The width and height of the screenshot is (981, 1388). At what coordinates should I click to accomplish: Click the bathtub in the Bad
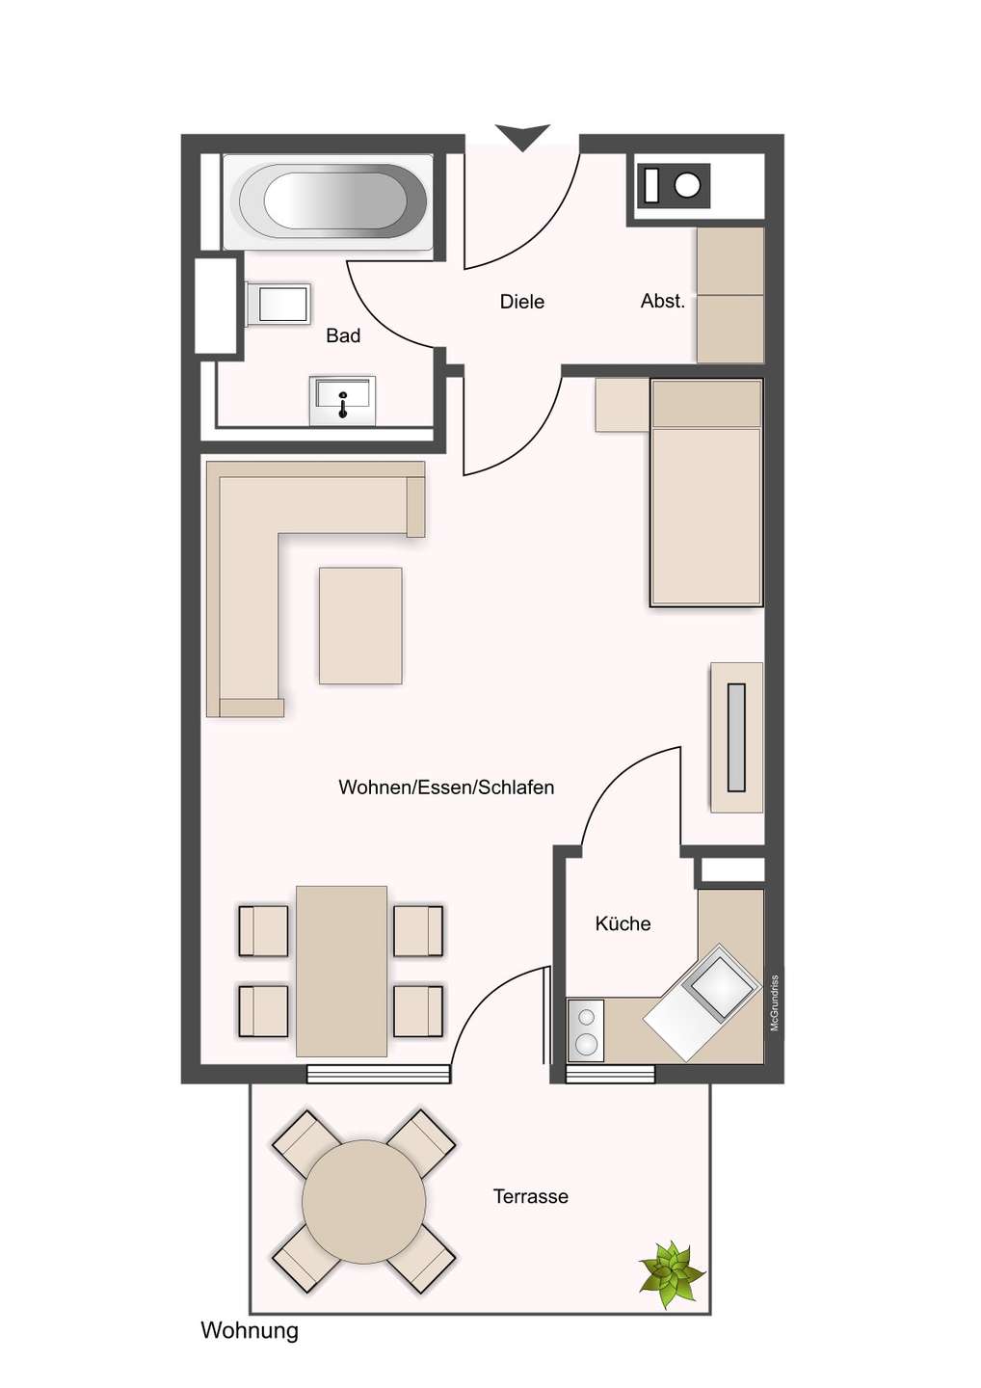pos(328,201)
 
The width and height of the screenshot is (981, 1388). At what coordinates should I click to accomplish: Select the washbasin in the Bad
pos(342,400)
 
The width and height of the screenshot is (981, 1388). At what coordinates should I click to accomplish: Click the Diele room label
pos(521,302)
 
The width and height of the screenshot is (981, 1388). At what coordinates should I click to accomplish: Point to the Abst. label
pos(662,301)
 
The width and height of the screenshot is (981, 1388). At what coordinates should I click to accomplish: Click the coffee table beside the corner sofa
pos(360,626)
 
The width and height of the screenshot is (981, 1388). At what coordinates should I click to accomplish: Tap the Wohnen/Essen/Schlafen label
pos(446,787)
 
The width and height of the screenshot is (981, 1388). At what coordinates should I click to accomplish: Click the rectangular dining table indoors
pos(341,971)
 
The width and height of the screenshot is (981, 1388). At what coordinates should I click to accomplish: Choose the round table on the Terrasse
pos(363,1201)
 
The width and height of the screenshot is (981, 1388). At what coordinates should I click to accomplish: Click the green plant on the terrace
pos(671,1273)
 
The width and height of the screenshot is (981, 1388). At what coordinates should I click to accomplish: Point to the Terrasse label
pos(530,1196)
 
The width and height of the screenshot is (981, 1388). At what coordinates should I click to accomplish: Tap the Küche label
pos(623,923)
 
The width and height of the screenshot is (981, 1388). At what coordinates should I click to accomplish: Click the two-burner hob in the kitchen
pos(585,1029)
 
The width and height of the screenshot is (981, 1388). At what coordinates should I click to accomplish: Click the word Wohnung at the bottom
pos(249,1330)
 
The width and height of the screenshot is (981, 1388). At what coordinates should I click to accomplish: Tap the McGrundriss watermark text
pos(774,1002)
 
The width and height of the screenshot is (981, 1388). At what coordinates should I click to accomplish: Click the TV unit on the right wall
pos(736,737)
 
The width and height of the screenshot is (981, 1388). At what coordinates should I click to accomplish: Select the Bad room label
pos(343,335)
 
